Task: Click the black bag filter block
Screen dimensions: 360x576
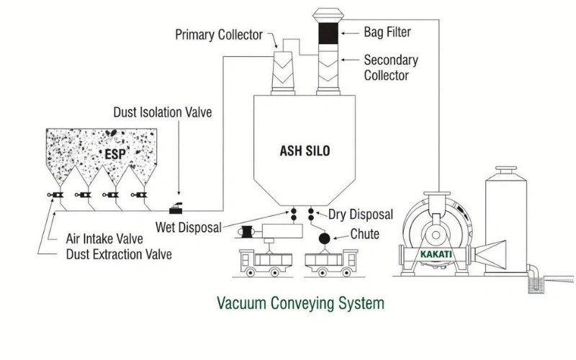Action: tap(333, 33)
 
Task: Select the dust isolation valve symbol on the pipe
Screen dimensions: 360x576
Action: tap(177, 210)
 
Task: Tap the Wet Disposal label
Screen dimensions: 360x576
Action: tap(189, 228)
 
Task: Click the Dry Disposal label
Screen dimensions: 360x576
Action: tap(361, 214)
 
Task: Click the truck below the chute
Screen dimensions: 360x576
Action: tap(331, 266)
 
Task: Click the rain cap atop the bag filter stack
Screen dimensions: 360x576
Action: tap(333, 12)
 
